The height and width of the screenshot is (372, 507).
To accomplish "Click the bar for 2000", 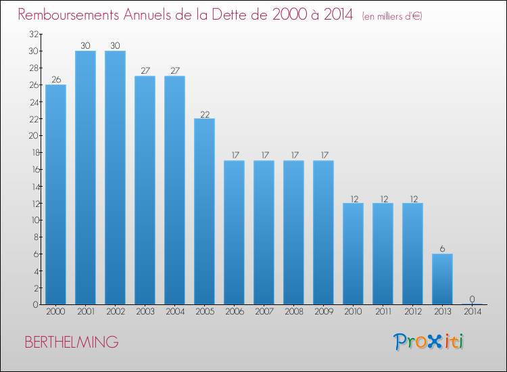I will tap(55, 195).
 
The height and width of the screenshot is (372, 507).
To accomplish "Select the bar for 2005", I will tap(204, 212).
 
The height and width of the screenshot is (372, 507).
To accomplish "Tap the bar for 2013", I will tap(442, 279).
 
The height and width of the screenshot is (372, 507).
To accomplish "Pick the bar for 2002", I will tap(115, 178).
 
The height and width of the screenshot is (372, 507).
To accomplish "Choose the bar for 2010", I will tap(353, 254).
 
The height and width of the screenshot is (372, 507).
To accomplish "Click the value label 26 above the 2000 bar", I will tap(55, 80).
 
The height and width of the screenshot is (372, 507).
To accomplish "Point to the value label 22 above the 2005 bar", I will tap(204, 114).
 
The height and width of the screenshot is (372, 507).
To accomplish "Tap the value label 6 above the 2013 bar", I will tap(442, 249).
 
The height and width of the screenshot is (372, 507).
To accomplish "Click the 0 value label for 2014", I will tap(472, 300).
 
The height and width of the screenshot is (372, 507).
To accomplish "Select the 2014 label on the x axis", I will tap(472, 312).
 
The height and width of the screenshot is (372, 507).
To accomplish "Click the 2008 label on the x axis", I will tap(293, 312).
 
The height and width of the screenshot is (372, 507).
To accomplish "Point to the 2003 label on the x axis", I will tap(145, 312).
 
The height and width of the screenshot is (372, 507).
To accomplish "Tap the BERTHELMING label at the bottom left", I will tap(72, 342).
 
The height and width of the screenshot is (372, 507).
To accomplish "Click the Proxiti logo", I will tap(429, 342).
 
